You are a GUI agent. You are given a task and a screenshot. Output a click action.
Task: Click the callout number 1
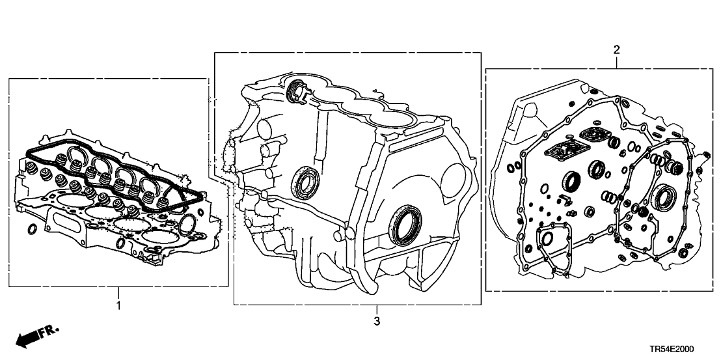118,305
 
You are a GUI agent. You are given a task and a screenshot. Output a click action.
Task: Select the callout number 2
616,49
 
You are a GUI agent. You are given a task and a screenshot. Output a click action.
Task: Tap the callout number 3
375,321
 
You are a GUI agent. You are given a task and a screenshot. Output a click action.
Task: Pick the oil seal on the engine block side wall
303,181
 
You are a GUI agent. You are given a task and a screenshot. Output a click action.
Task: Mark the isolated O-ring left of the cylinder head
32,230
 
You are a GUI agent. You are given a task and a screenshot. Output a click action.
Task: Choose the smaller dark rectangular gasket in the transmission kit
593,135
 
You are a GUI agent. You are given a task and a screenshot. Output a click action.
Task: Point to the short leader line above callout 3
375,310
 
